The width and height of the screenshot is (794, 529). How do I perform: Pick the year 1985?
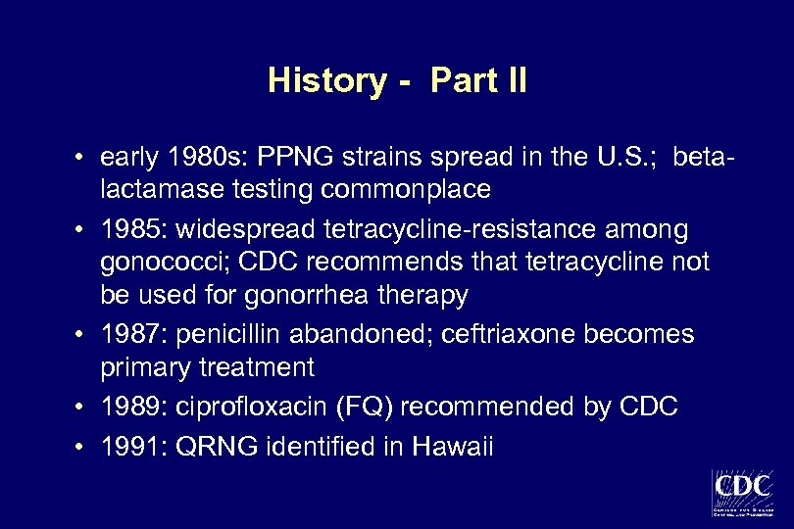pos(126,230)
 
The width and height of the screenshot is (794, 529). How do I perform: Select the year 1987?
pos(126,336)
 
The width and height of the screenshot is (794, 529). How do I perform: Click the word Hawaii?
pos(454,448)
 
